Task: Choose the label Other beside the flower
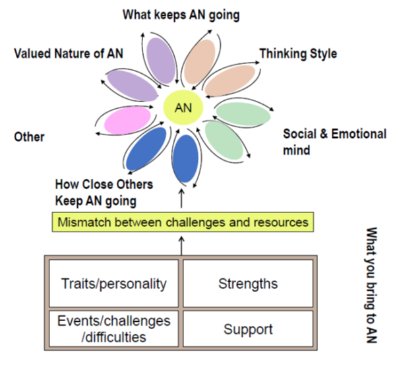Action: pyautogui.click(x=29, y=137)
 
